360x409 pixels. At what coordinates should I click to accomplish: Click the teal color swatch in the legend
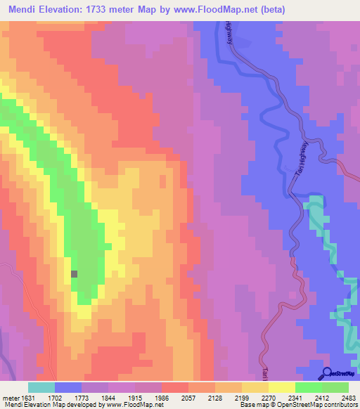41,387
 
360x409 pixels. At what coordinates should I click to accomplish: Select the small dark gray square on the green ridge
75,274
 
